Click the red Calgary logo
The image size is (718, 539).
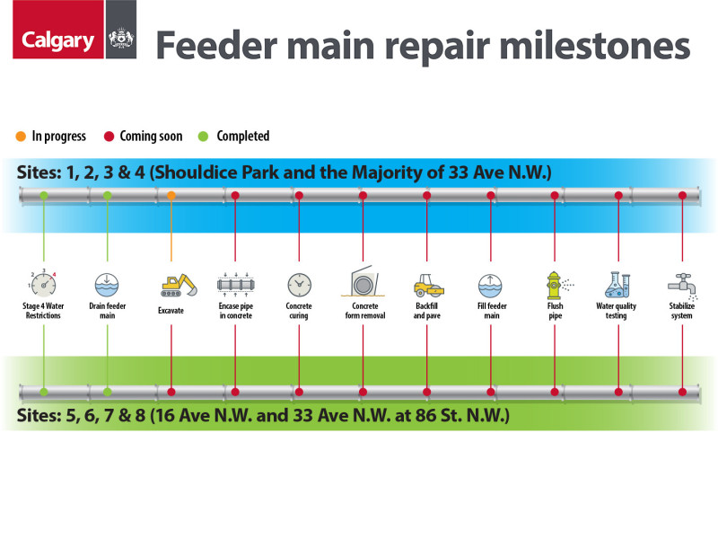click(x=58, y=30)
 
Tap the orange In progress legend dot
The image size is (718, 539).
click(x=21, y=137)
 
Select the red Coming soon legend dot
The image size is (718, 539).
click(x=109, y=137)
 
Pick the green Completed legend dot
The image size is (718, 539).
click(x=204, y=137)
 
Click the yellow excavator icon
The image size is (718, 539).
click(x=179, y=285)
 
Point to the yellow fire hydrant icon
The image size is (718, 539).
click(x=558, y=285)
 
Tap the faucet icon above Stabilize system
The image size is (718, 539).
click(x=683, y=286)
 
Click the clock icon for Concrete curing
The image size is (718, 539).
click(x=300, y=285)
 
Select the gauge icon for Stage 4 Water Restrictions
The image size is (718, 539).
click(x=43, y=283)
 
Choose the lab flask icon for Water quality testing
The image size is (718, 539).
click(x=617, y=285)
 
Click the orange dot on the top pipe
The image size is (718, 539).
click(x=171, y=196)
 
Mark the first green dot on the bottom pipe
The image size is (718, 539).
click(x=43, y=392)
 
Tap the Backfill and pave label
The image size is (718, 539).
click(x=427, y=311)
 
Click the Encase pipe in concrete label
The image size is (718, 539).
click(x=236, y=311)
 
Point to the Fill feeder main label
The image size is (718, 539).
click(x=492, y=311)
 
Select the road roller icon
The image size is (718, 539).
click(x=429, y=285)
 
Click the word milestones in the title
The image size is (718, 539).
click(x=594, y=46)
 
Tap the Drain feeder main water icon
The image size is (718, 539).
click(x=107, y=285)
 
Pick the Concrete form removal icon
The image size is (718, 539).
click(x=363, y=281)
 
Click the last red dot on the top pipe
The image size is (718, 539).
click(x=682, y=196)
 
